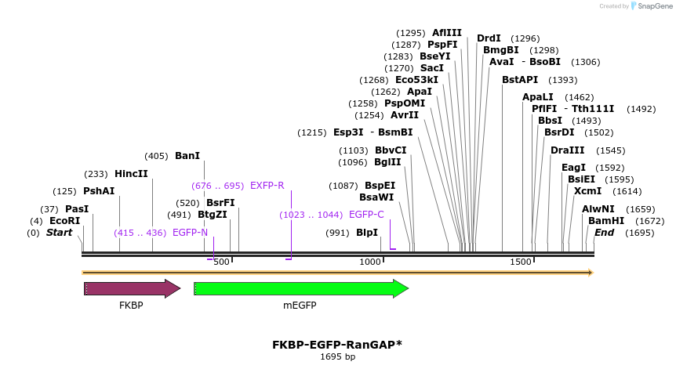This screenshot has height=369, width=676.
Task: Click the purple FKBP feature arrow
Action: pos(132,289)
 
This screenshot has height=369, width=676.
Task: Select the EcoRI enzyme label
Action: pos(65,221)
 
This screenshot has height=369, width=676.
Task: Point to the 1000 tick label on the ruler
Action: pos(370,262)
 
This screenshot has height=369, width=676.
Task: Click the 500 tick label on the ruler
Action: pos(222,262)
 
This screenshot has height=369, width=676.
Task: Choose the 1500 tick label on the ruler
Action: pos(521,262)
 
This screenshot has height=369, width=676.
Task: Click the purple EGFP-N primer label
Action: pos(190,233)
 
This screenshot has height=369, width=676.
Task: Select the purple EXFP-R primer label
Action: pos(267,186)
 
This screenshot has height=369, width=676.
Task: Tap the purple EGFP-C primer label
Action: pos(366,215)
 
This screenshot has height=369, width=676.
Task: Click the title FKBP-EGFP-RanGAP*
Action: pos(337,345)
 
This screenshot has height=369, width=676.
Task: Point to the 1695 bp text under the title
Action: pos(337,357)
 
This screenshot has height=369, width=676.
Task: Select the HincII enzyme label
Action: pos(131,174)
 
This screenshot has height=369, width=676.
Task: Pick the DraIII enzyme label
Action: pos(567,150)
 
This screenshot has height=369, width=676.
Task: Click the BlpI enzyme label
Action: pos(367,233)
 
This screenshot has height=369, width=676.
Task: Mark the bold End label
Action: pos(605,233)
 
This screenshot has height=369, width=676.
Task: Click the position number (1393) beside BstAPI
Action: pos(563,80)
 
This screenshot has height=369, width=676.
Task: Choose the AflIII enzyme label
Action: pos(447,33)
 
